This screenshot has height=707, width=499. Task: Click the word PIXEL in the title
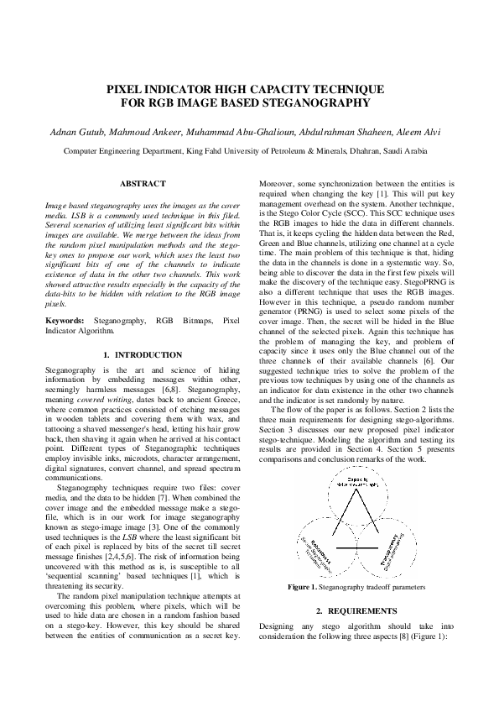tap(124, 88)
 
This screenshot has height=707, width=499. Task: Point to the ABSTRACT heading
tap(143, 183)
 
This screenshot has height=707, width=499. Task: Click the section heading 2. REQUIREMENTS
tap(356, 610)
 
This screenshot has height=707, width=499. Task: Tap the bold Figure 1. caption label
tap(304, 588)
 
